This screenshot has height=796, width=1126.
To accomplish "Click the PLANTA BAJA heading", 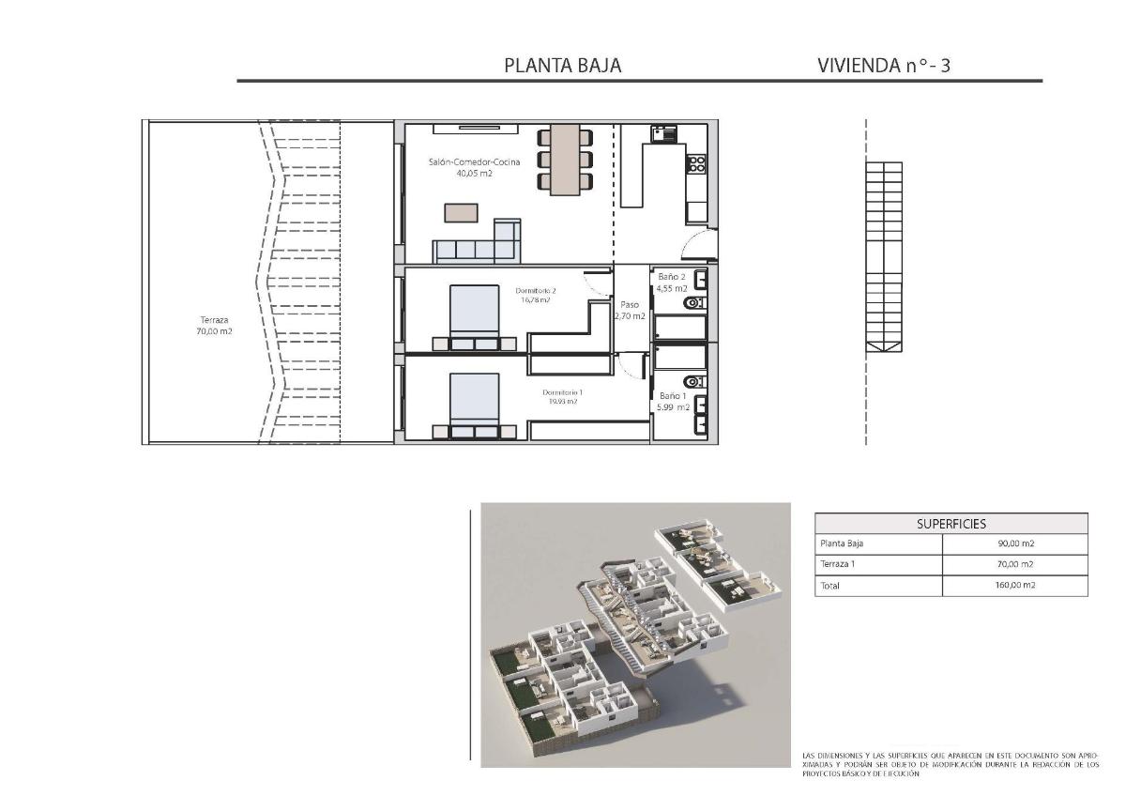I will (562, 66).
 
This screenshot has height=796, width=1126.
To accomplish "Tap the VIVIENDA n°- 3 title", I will (884, 66).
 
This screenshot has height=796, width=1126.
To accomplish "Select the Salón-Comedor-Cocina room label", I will (461, 167).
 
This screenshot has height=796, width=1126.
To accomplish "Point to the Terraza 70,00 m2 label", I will (214, 325).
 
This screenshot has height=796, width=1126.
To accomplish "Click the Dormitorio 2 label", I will (536, 295).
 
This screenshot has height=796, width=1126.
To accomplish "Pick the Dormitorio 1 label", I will (562, 396).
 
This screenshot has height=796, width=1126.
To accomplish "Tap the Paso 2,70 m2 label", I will (630, 311).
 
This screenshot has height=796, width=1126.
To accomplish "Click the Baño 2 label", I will (672, 283).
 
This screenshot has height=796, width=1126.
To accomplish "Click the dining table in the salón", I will (565, 159).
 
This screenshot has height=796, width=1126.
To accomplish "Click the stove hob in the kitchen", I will (696, 165).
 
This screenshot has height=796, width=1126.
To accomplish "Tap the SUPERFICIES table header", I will (951, 524).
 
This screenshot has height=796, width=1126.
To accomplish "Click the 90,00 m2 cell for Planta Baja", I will (1016, 543).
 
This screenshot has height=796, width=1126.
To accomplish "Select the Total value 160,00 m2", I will (1016, 586).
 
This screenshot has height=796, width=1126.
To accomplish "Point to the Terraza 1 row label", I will (840, 564).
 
